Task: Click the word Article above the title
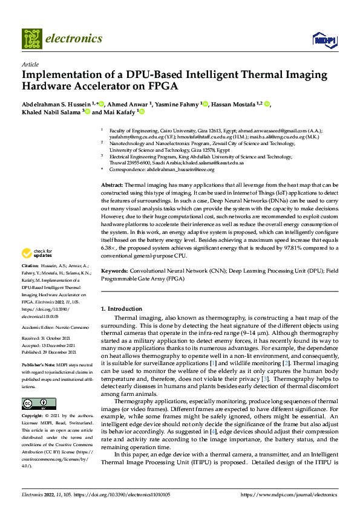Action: point(30,64)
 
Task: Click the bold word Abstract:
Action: point(112,184)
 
